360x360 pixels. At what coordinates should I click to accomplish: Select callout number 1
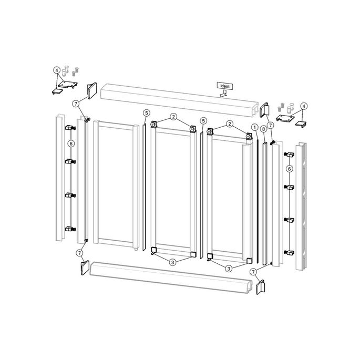click(x=254, y=127)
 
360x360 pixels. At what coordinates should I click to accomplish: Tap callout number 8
click(x=263, y=129)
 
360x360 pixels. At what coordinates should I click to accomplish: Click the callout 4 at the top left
click(x=57, y=70)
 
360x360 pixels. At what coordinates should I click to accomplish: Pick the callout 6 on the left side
click(x=71, y=143)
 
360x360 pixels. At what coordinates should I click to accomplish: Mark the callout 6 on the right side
click(x=289, y=169)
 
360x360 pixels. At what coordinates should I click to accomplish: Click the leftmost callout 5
click(x=147, y=113)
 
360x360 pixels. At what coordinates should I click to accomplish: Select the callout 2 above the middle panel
click(x=173, y=116)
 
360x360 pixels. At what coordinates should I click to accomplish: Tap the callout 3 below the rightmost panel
click(x=229, y=268)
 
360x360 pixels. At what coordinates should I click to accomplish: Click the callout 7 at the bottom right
click(x=253, y=272)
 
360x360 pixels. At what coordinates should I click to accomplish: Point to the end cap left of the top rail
click(x=91, y=90)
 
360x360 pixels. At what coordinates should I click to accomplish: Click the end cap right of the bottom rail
click(x=260, y=287)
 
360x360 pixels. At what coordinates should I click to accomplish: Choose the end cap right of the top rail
click(x=265, y=110)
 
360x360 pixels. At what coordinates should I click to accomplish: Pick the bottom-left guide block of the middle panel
click(x=153, y=251)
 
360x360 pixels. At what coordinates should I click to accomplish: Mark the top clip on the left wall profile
click(x=68, y=128)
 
